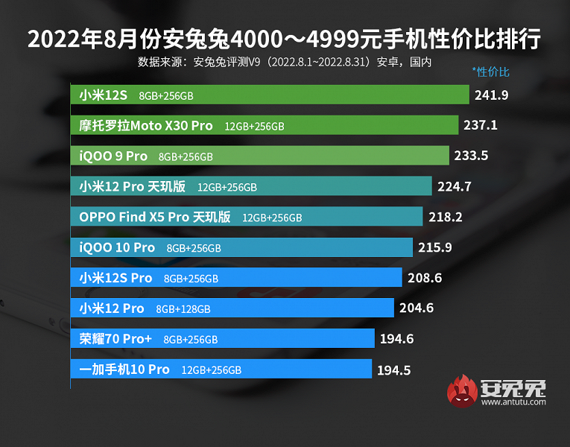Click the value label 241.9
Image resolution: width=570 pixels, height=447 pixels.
[492, 95]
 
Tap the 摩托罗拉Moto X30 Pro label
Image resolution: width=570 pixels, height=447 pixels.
[146, 126]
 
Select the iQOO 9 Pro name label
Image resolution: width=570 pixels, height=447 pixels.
[113, 156]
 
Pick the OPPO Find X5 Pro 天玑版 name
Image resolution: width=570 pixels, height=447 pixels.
[155, 217]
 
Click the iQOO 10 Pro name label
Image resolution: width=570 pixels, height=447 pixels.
[117, 247]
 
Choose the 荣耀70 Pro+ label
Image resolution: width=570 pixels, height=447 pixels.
[115, 339]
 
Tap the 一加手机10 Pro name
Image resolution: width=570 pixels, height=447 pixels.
[124, 370]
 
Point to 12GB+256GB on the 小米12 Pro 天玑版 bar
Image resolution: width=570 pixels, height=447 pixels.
[227, 187]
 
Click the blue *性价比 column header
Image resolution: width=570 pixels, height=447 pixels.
[491, 72]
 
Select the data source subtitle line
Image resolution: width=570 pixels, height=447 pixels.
[285, 62]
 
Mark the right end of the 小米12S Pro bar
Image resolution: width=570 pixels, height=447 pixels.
[401, 278]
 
